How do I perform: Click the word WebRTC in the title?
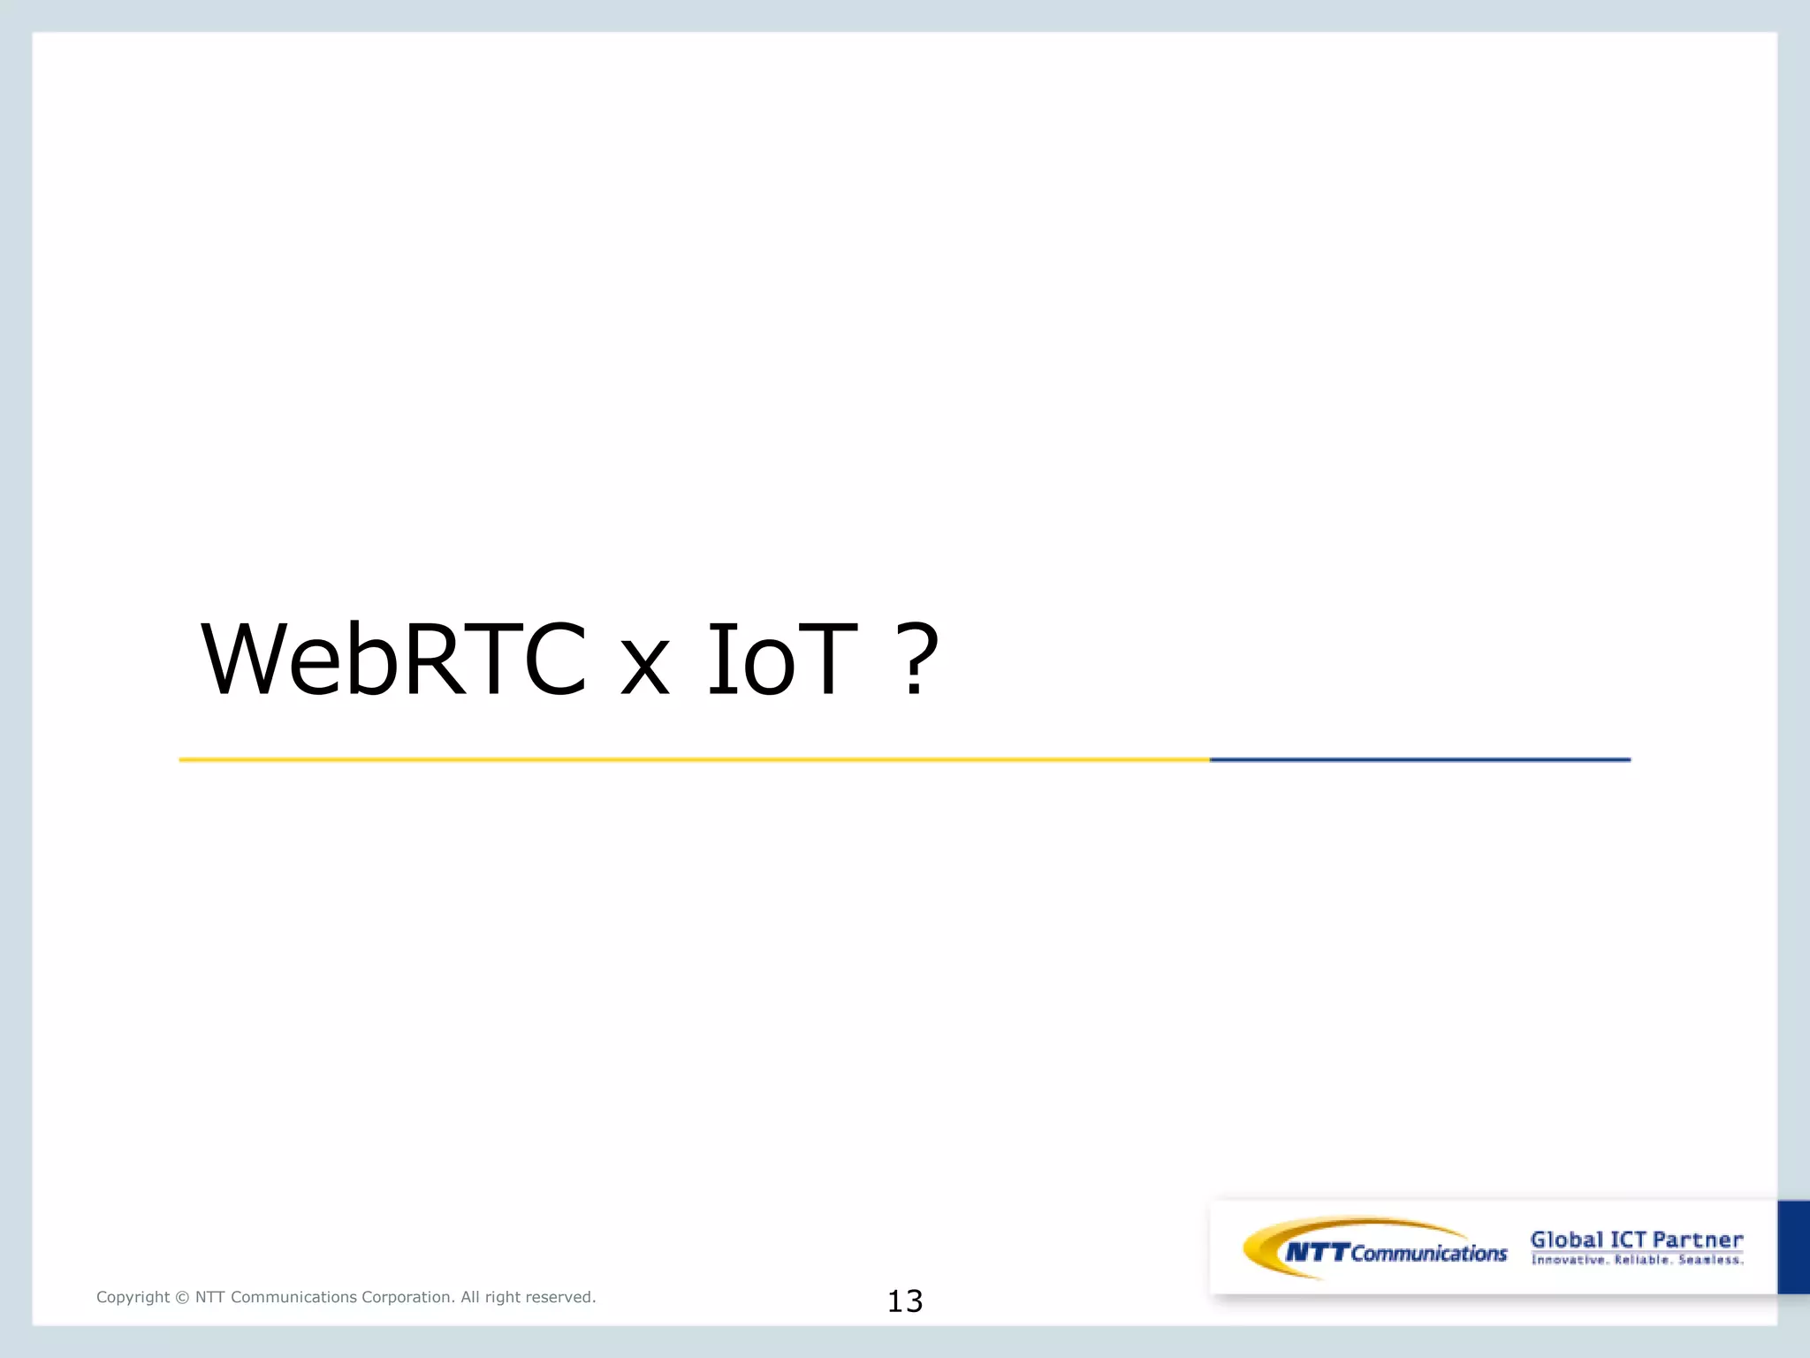coord(394,660)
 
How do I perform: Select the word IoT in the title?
coord(782,660)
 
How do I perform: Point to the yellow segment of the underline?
coord(694,759)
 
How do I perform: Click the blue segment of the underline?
coord(1419,759)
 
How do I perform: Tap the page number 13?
coord(905,1301)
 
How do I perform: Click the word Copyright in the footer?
coord(133,1297)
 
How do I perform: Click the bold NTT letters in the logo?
coord(1317,1252)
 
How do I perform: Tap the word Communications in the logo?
coord(1429,1253)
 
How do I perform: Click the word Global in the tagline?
coord(1566,1240)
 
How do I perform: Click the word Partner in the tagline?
coord(1698,1240)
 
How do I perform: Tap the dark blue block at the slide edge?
coord(1793,1247)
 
